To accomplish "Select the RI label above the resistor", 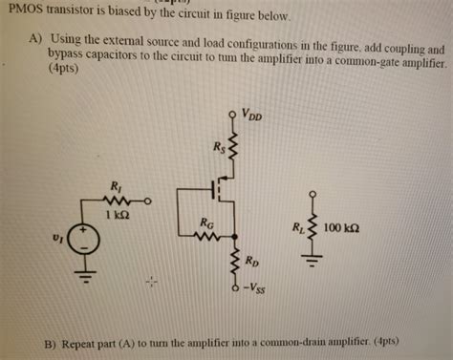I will pos(116,186).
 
